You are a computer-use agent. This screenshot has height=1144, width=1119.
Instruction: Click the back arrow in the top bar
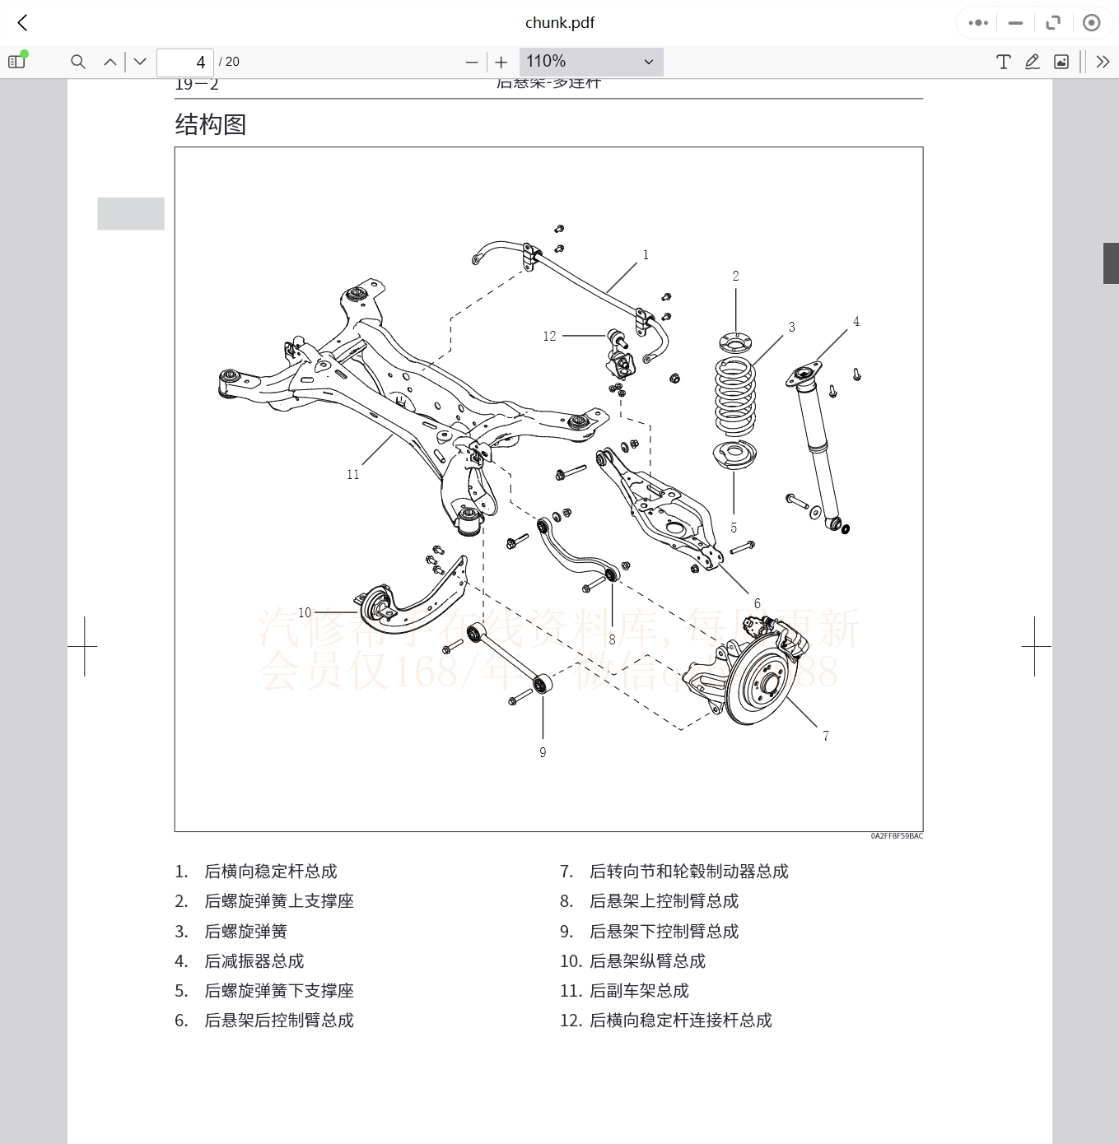[x=23, y=23]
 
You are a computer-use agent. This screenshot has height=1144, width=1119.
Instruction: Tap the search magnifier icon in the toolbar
[x=78, y=62]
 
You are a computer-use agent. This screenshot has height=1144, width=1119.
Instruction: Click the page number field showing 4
[x=185, y=62]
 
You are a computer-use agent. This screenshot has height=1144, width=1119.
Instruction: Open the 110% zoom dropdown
[x=590, y=62]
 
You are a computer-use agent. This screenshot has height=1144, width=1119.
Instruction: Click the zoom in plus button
[x=501, y=62]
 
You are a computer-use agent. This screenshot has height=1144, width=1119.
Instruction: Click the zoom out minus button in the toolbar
[x=472, y=62]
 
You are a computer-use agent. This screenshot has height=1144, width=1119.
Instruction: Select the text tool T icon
[x=1003, y=62]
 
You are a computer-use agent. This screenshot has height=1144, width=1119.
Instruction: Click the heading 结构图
[x=211, y=124]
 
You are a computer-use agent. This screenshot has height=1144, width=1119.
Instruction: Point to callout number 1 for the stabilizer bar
[x=646, y=255]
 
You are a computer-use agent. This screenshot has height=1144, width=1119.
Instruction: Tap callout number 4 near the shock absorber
[x=856, y=322]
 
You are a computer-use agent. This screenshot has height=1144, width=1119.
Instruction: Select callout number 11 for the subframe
[x=353, y=474]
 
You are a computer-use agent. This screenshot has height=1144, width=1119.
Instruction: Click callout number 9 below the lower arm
[x=543, y=752]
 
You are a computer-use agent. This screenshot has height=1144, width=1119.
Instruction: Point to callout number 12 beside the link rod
[x=549, y=336]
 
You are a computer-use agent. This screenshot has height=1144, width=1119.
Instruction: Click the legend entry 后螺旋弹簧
[x=245, y=931]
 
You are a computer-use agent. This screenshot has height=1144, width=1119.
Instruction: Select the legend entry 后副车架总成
[x=639, y=990]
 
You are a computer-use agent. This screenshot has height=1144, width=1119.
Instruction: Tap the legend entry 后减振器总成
[x=254, y=960]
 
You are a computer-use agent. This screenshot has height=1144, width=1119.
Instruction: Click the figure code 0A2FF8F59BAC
[x=897, y=836]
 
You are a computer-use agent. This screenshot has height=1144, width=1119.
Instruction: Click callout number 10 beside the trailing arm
[x=305, y=612]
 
